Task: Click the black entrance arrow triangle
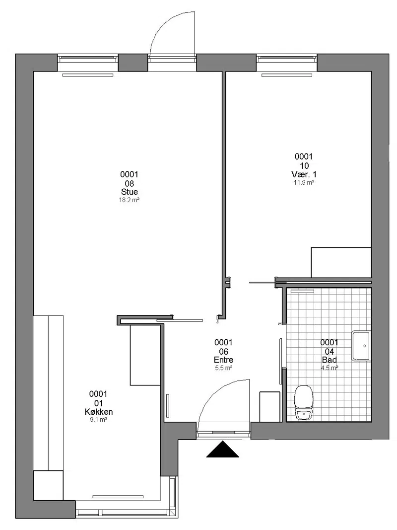(x=223, y=450)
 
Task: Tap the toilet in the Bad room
(x=304, y=403)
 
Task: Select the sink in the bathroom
(x=361, y=346)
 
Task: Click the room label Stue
(x=130, y=192)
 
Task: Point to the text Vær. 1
(x=304, y=174)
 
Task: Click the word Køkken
(x=99, y=412)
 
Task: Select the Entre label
(x=223, y=360)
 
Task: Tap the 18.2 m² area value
(x=130, y=200)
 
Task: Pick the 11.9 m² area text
(x=304, y=182)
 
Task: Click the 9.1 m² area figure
(x=99, y=420)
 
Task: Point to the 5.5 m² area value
(x=223, y=368)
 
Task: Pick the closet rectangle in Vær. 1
(x=341, y=262)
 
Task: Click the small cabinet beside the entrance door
(x=270, y=407)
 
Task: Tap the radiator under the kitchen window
(x=118, y=497)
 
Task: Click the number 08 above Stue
(x=130, y=184)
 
